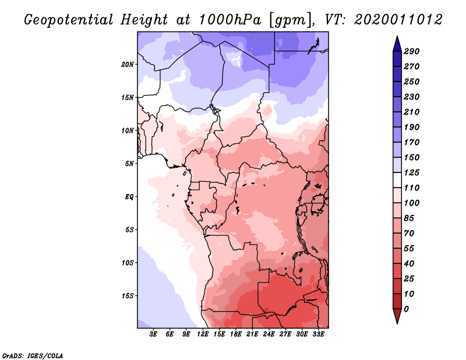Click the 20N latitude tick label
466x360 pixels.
[128, 64]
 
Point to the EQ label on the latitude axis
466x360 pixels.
[129, 196]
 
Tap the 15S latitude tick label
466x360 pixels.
[128, 295]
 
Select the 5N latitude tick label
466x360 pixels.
[129, 163]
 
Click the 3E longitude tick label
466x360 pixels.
[154, 335]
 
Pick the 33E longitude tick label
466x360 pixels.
[318, 335]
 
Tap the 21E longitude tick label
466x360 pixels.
[252, 335]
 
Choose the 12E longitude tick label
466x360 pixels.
[203, 335]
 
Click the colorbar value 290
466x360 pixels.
[411, 51]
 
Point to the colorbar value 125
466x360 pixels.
[411, 172]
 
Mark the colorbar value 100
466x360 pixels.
[411, 203]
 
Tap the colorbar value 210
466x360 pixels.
[411, 112]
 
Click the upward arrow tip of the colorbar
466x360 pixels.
[397, 37]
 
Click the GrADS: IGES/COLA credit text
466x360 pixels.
[33, 355]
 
